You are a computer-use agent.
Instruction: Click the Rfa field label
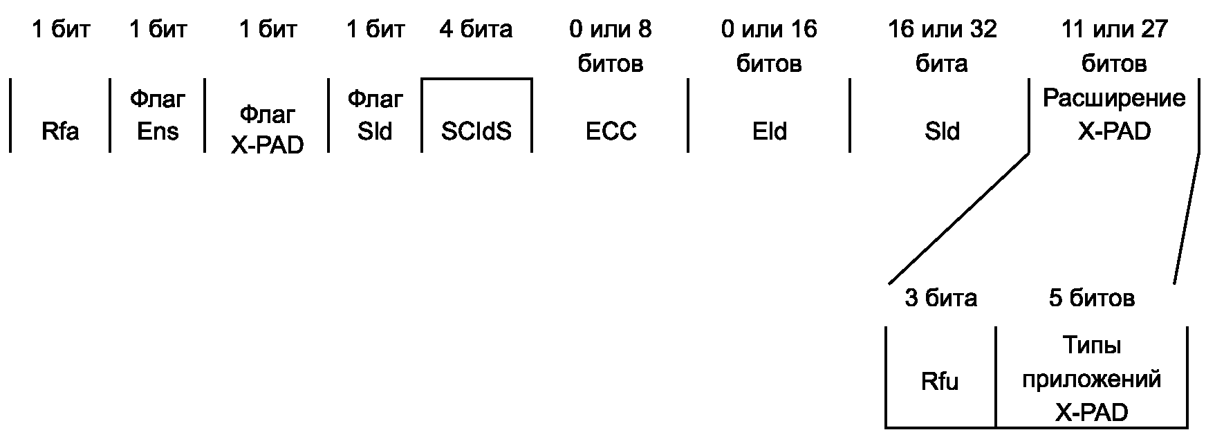[x=60, y=131]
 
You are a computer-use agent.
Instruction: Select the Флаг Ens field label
[x=158, y=115]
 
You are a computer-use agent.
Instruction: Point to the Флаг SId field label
[x=375, y=115]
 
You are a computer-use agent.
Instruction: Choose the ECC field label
[x=611, y=131]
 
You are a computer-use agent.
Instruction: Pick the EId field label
[x=769, y=131]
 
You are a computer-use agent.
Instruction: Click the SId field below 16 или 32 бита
[x=942, y=131]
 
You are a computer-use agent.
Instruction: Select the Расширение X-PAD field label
[x=1113, y=115]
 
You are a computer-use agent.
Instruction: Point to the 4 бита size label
[x=476, y=29]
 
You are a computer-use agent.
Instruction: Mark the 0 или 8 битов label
[x=611, y=46]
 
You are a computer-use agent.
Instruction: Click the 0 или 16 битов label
[x=769, y=46]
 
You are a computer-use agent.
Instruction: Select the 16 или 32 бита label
[x=942, y=46]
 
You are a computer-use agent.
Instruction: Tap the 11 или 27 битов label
[x=1113, y=46]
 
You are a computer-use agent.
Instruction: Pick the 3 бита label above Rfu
[x=940, y=298]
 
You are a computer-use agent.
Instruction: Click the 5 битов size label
[x=1091, y=298]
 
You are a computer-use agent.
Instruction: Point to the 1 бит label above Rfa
[x=60, y=29]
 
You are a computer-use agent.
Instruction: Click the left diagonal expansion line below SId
[x=958, y=218]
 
